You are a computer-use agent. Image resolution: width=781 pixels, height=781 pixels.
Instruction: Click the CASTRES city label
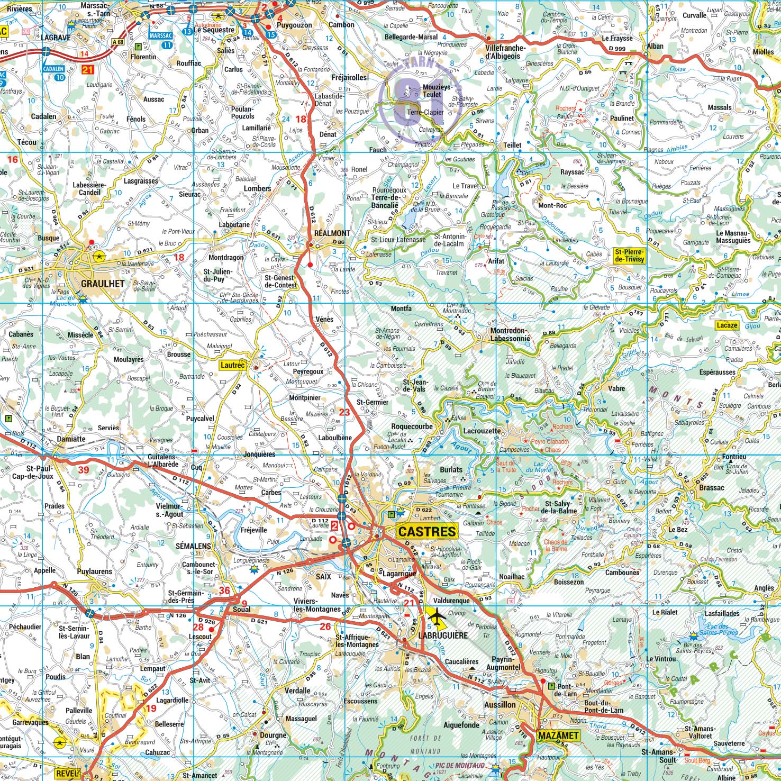(x=426, y=531)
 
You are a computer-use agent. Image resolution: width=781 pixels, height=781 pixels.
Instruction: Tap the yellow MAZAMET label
(x=558, y=735)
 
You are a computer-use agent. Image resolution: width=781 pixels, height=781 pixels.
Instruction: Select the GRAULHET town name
(x=103, y=284)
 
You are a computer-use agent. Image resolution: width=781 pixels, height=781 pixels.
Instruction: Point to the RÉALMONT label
(x=332, y=233)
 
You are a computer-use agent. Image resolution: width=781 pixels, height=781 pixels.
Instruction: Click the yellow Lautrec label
(x=232, y=364)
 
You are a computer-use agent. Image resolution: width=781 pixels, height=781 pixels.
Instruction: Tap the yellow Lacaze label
(x=726, y=325)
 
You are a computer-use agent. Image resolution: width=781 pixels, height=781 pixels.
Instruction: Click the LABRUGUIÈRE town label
(x=443, y=635)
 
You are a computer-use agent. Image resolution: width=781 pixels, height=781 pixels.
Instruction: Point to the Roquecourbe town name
(x=412, y=426)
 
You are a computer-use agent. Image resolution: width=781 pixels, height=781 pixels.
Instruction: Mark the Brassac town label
(x=711, y=487)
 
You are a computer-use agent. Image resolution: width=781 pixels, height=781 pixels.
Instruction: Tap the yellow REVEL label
(x=67, y=773)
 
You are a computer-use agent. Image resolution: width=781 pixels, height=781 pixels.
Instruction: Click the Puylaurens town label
(x=94, y=571)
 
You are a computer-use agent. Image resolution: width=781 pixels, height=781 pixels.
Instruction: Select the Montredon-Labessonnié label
(x=510, y=334)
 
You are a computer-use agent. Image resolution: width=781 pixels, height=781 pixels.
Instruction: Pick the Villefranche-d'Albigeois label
(x=506, y=52)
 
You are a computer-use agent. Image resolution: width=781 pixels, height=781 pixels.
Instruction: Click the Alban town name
(x=655, y=46)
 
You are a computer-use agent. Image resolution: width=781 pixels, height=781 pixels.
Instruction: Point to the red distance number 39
(x=83, y=469)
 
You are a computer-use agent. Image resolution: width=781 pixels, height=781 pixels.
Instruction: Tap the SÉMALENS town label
(x=193, y=546)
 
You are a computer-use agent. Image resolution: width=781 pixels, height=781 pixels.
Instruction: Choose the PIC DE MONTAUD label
(x=460, y=766)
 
